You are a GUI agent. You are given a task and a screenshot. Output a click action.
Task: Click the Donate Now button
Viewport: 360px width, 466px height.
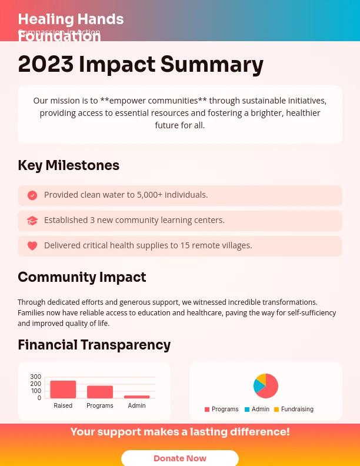tap(179, 458)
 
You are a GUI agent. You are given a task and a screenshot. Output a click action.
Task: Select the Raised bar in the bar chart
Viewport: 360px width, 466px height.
tap(63, 390)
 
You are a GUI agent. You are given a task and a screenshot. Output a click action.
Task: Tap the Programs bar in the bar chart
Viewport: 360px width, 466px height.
tap(100, 392)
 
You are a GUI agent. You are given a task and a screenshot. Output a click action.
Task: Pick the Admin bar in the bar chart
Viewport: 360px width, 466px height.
tap(136, 397)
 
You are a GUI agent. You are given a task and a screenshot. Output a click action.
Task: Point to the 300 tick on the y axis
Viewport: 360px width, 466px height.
tap(36, 377)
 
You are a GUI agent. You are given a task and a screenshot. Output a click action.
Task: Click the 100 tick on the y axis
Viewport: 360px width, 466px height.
tap(36, 391)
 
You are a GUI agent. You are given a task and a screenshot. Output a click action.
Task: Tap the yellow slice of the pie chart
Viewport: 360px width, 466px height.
tap(262, 378)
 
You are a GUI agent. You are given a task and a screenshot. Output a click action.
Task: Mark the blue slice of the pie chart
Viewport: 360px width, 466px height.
tap(257, 386)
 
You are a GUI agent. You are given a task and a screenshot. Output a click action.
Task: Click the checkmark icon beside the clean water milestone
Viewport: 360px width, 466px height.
tap(32, 195)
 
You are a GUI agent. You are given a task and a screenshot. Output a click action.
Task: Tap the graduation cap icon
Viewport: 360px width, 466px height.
tap(32, 221)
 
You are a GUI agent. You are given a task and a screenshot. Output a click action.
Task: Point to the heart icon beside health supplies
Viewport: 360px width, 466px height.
tap(32, 246)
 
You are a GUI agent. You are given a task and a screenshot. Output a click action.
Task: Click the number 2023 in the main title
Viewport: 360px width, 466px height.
tap(45, 64)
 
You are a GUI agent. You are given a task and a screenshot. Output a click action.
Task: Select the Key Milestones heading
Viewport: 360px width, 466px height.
tap(68, 165)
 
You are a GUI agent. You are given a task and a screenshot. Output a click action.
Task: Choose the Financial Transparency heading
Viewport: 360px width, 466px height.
tap(94, 345)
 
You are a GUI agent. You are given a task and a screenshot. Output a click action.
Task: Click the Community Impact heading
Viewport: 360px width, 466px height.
tap(82, 277)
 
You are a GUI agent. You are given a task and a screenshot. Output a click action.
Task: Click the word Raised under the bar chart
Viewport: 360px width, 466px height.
tap(63, 405)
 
